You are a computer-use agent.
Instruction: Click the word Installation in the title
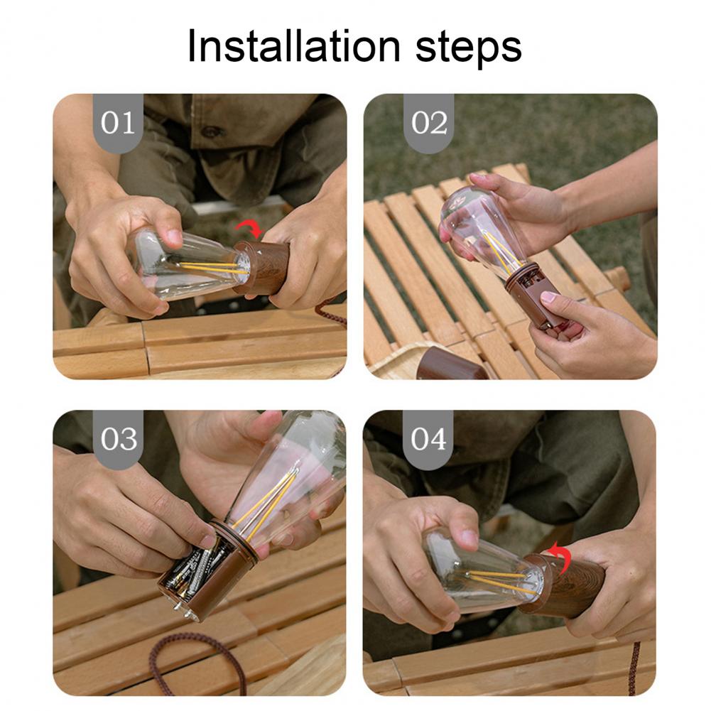coord(294,46)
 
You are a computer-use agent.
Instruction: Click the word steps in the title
coord(469,49)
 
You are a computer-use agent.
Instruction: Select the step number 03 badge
coord(118,439)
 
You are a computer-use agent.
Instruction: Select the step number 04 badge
coord(428,439)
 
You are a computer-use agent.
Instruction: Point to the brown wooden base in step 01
coord(263,268)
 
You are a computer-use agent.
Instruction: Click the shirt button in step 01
coord(212,132)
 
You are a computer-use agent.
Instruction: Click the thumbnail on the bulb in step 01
coord(174,237)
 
